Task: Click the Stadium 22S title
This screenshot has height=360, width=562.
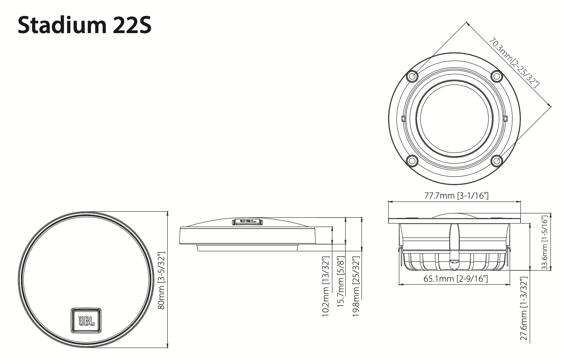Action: (85, 24)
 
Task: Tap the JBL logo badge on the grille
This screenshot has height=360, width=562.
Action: (86, 321)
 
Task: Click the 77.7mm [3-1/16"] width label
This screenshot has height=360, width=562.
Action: (456, 196)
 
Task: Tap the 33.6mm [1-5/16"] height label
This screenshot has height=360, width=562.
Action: (545, 243)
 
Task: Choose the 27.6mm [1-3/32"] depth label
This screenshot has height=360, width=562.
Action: (524, 309)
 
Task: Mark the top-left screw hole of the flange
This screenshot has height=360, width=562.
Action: (412, 76)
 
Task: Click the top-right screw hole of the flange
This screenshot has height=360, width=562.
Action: (497, 76)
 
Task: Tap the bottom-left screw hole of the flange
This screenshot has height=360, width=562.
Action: (412, 161)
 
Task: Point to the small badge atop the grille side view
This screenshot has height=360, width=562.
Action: (247, 222)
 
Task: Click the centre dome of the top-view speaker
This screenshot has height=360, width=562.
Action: (454, 119)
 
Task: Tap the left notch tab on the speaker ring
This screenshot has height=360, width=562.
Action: (403, 119)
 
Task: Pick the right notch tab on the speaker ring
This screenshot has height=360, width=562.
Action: (505, 119)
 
